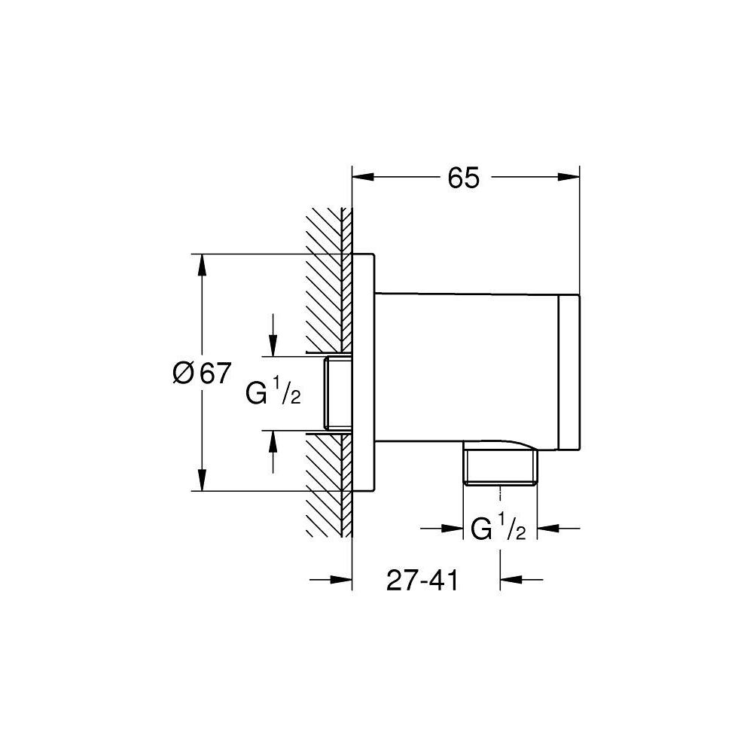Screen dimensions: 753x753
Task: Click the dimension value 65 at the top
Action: coord(463,178)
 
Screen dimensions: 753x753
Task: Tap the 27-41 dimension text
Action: coord(422,581)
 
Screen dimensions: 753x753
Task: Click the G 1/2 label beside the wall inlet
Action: coord(273,392)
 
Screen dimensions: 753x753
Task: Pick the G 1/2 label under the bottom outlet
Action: coord(498,529)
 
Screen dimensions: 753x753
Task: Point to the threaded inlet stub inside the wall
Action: coord(337,395)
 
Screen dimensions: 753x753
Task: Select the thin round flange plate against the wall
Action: coord(363,373)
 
